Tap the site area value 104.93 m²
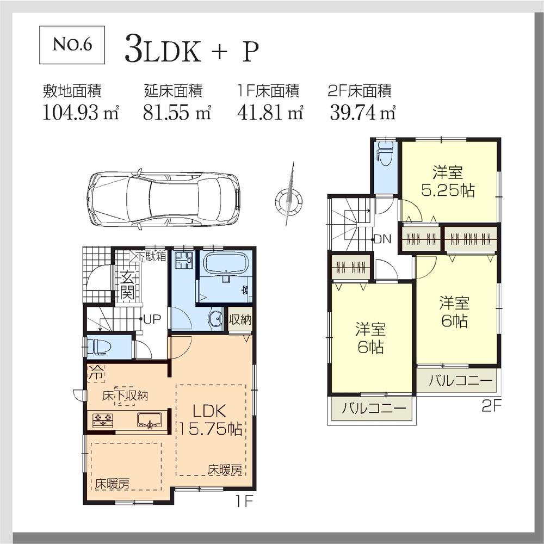(80, 113)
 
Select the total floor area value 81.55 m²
(177, 113)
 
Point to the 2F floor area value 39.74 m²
(362, 113)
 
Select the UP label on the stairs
(152, 319)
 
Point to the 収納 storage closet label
(240, 319)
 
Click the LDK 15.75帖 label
(211, 420)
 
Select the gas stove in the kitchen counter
(102, 420)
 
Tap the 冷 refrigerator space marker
(96, 374)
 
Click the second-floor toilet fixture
(385, 154)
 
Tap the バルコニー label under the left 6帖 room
(370, 408)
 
